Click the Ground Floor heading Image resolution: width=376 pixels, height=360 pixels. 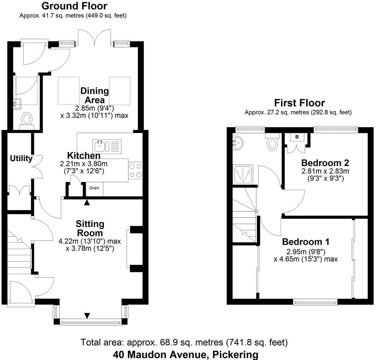pyautogui.click(x=74, y=6)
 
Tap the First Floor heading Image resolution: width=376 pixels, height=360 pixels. pyautogui.click(x=299, y=103)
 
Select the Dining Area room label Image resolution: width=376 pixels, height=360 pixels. pyautogui.click(x=94, y=95)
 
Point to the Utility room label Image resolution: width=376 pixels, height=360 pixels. pyautogui.click(x=21, y=159)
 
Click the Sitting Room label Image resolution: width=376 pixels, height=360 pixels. pyautogui.click(x=90, y=228)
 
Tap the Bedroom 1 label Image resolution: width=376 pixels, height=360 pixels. pyautogui.click(x=305, y=242)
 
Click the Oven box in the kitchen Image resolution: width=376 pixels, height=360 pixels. pyautogui.click(x=94, y=188)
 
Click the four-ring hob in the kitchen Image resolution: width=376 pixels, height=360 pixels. pyautogui.click(x=136, y=170)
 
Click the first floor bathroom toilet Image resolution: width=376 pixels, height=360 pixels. pyautogui.click(x=272, y=142)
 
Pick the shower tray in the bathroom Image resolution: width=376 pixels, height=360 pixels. pyautogui.click(x=243, y=174)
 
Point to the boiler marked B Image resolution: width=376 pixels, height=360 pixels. pyautogui.click(x=297, y=137)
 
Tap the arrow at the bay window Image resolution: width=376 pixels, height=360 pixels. pyautogui.click(x=87, y=315)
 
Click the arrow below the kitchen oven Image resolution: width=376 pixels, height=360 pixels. pyautogui.click(x=87, y=202)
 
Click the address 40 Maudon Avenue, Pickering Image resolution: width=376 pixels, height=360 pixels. pyautogui.click(x=186, y=354)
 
